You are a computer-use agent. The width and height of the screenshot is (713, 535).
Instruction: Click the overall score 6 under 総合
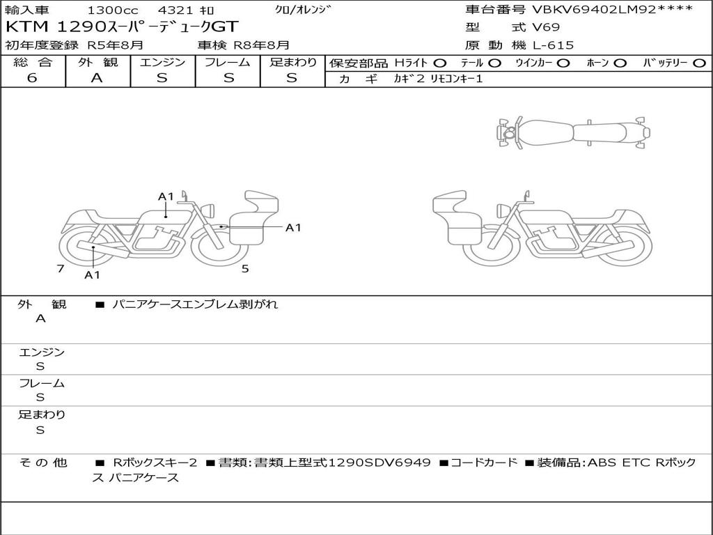(32, 78)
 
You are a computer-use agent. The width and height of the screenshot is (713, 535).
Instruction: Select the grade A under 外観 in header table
(97, 78)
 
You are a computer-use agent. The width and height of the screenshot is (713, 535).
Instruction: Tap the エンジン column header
(162, 62)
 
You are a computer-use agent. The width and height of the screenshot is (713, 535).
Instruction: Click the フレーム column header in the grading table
(228, 62)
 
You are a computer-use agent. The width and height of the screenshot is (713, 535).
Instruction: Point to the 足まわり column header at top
(293, 62)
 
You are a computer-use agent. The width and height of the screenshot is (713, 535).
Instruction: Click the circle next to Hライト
(440, 63)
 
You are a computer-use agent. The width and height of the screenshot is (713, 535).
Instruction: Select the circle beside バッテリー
(699, 63)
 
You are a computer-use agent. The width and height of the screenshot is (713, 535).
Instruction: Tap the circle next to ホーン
(620, 63)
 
